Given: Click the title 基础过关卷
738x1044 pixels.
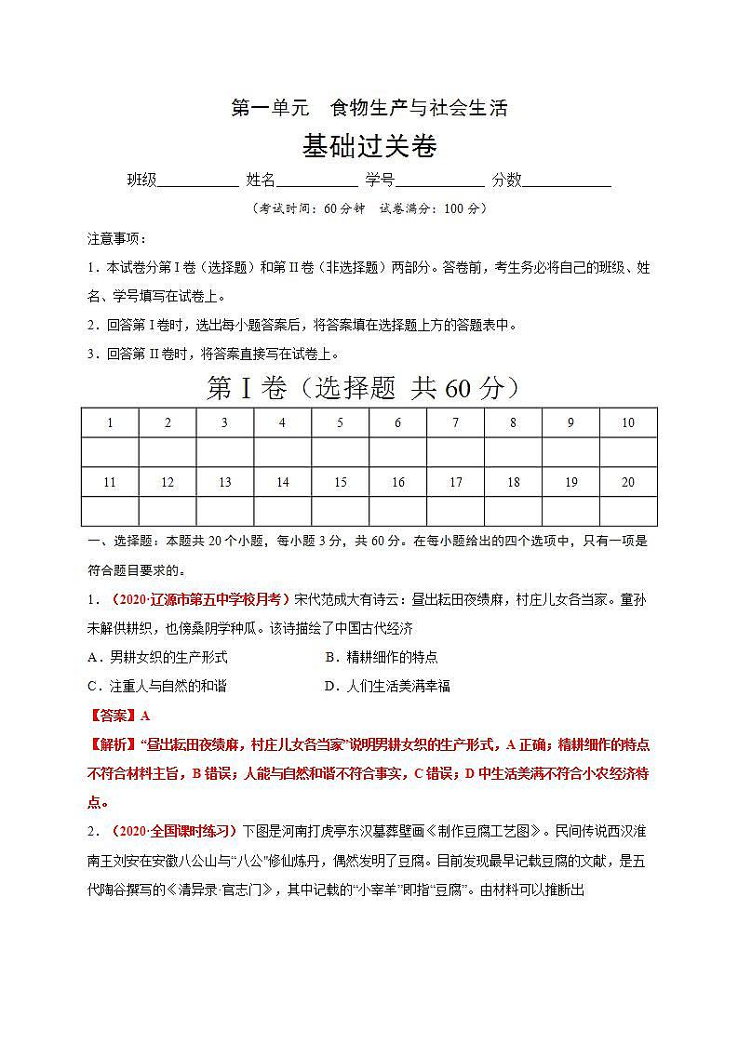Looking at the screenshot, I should point(369,146).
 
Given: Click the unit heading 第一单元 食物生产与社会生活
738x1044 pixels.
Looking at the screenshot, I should point(369,108).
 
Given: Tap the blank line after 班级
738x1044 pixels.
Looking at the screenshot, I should point(197,181).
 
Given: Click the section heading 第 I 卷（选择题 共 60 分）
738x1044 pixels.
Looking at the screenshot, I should point(362,389).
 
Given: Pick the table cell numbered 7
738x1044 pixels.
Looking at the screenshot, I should point(455,422).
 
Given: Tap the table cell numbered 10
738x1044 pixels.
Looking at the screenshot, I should point(628,422).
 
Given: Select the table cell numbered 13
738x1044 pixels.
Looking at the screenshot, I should point(225,482).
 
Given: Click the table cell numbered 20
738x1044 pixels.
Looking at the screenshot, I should point(628,482).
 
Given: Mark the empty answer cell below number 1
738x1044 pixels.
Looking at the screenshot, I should point(110,452).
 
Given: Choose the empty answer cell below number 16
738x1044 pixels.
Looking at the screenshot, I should point(397,511).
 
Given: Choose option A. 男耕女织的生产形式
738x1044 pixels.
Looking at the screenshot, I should point(157,657).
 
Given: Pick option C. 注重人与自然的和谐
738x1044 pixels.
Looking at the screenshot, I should point(157,686).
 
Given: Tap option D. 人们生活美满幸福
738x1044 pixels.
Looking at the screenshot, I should point(387,686).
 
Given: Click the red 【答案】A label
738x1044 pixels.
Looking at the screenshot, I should point(118,716).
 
